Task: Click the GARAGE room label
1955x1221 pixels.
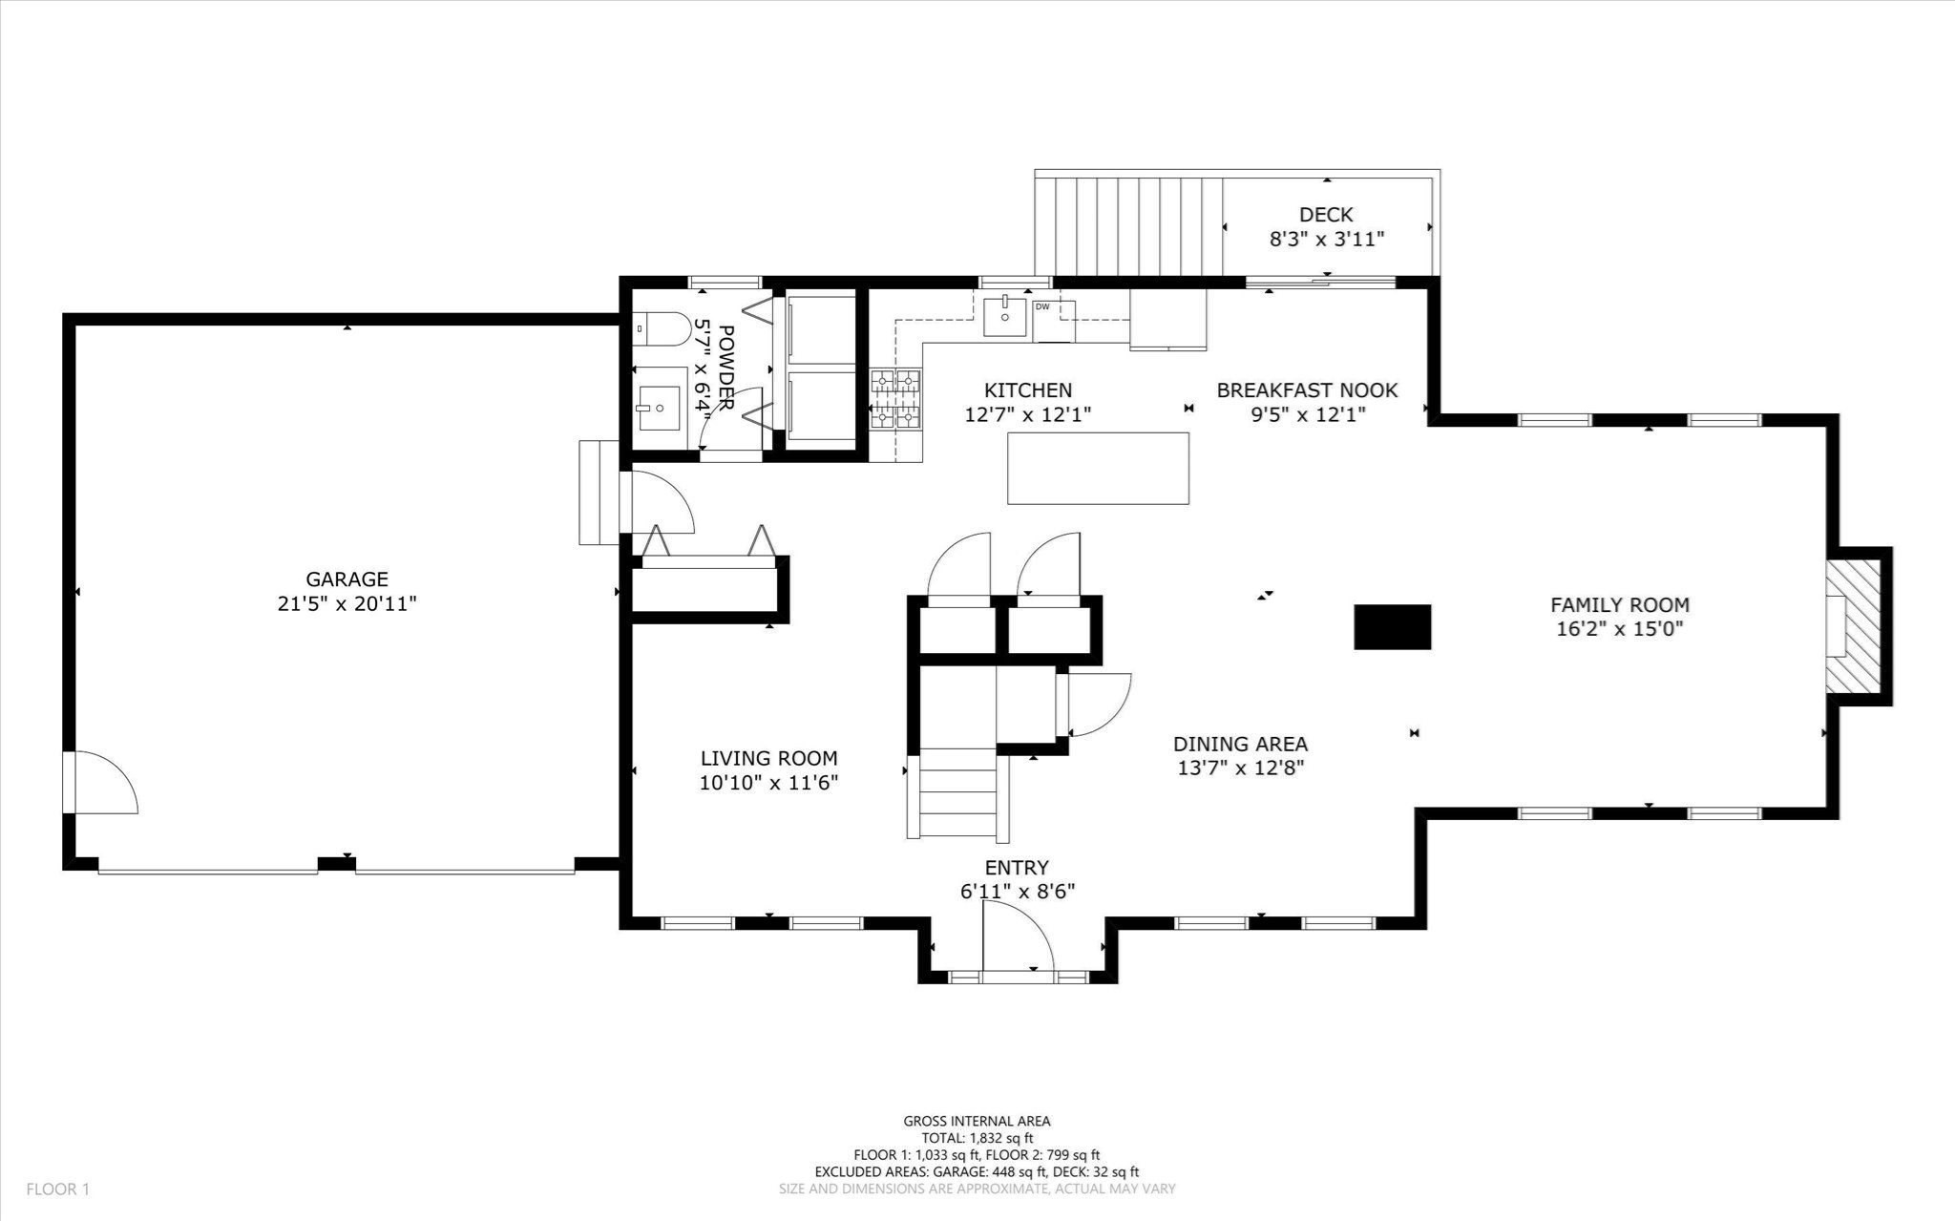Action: tap(347, 579)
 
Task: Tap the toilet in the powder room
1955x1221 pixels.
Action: tap(662, 329)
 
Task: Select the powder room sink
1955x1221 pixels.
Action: tap(659, 409)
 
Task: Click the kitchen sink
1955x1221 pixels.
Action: tap(1005, 317)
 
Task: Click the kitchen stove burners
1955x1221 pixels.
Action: tap(895, 400)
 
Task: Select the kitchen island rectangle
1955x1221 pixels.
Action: tap(1098, 468)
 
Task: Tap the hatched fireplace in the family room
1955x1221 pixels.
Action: tap(1853, 626)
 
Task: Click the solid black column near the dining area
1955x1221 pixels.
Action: tap(1392, 627)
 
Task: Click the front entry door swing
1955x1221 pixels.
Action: tap(1017, 939)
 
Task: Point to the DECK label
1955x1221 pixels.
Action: tap(1326, 215)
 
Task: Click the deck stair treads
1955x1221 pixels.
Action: tap(1129, 225)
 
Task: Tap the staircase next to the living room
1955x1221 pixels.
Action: tap(959, 793)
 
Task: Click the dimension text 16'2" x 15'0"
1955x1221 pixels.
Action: tap(1619, 629)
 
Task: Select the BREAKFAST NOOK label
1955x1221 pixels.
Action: tap(1307, 389)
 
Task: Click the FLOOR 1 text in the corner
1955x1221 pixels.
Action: tap(57, 1189)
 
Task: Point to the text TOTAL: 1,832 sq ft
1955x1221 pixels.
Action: tap(977, 1138)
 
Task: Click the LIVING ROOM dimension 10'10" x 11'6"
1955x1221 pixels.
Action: tap(768, 783)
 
